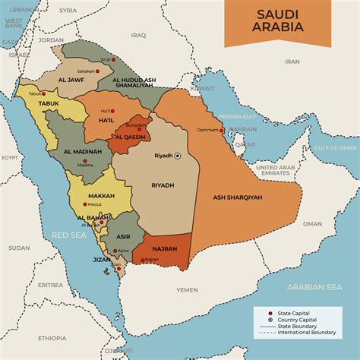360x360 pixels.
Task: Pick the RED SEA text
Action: click(65, 235)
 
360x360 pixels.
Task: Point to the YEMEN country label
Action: click(188, 289)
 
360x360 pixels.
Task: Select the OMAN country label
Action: click(312, 224)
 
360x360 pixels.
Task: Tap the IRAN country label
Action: click(292, 62)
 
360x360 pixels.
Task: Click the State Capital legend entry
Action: click(295, 313)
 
